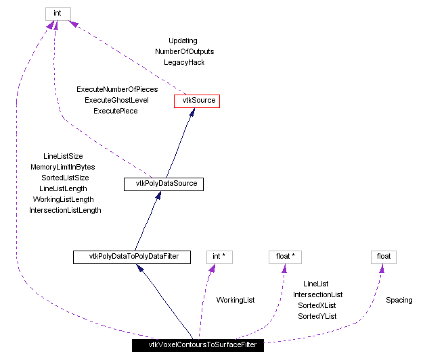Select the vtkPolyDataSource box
coord(164,183)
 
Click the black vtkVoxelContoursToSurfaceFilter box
coord(198,344)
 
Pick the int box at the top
coord(58,14)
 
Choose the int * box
coord(219,257)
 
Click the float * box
coord(284,257)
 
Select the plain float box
coord(383,257)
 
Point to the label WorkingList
coord(236,300)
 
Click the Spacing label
coord(399,300)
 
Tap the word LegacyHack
coord(184,62)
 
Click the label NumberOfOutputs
coord(184,51)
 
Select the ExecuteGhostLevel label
coord(116,100)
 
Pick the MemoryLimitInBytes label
coord(63,167)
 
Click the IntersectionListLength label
coord(65,210)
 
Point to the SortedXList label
coord(317,305)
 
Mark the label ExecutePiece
coord(116,111)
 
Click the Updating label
coord(183,41)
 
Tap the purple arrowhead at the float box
coord(382,267)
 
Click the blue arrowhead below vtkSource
coord(192,112)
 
